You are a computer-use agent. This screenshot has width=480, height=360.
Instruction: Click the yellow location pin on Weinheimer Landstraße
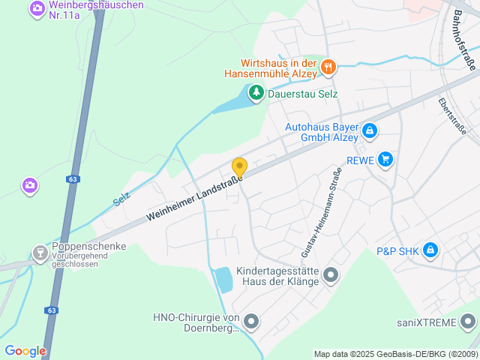(239, 167)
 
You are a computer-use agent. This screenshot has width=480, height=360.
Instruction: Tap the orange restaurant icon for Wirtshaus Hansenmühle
(328, 68)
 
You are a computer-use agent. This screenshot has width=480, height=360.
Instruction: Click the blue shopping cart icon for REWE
(385, 159)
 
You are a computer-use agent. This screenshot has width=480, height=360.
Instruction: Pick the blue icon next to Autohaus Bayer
(369, 131)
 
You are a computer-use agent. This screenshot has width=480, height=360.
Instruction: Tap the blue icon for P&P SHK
(430, 250)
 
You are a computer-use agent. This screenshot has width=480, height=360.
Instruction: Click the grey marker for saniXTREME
(469, 323)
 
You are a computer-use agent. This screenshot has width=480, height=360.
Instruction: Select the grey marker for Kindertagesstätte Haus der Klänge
(331, 275)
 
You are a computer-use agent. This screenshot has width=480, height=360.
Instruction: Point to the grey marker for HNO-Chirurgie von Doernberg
(251, 322)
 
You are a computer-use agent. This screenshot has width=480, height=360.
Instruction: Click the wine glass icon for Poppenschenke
(40, 253)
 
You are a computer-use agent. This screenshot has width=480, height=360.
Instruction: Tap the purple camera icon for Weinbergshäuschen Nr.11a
(36, 9)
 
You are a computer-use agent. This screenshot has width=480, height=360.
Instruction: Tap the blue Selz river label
(121, 199)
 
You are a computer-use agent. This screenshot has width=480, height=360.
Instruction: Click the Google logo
(25, 351)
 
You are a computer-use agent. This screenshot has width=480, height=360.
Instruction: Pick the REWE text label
(361, 159)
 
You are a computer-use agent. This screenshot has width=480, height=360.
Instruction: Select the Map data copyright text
(394, 354)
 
